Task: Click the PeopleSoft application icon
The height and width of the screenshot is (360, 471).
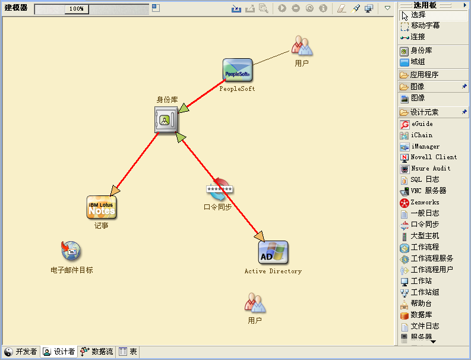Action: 238,70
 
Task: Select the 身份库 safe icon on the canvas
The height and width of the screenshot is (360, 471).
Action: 166,119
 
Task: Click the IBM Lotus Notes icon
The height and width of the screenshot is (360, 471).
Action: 102,207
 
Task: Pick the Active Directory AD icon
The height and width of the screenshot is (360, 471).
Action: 273,252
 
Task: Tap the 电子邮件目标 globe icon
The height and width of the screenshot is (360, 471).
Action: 71,251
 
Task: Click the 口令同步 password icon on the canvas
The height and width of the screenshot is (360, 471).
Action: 220,190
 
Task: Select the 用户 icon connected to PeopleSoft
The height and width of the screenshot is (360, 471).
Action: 302,46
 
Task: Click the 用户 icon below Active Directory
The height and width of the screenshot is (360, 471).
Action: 255,303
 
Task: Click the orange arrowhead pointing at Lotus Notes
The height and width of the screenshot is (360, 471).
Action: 115,190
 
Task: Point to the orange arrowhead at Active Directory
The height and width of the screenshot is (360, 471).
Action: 260,236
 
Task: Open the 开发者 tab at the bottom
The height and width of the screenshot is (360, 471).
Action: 21,352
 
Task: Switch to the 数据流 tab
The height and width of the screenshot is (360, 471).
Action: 97,352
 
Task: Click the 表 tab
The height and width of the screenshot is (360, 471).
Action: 128,352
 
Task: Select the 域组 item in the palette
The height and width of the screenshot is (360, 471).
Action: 412,62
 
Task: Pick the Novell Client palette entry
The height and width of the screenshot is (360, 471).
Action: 428,157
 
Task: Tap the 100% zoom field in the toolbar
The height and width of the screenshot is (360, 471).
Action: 77,9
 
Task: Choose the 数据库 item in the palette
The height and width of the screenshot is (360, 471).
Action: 416,315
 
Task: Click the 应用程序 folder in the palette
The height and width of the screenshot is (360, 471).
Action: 419,74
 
